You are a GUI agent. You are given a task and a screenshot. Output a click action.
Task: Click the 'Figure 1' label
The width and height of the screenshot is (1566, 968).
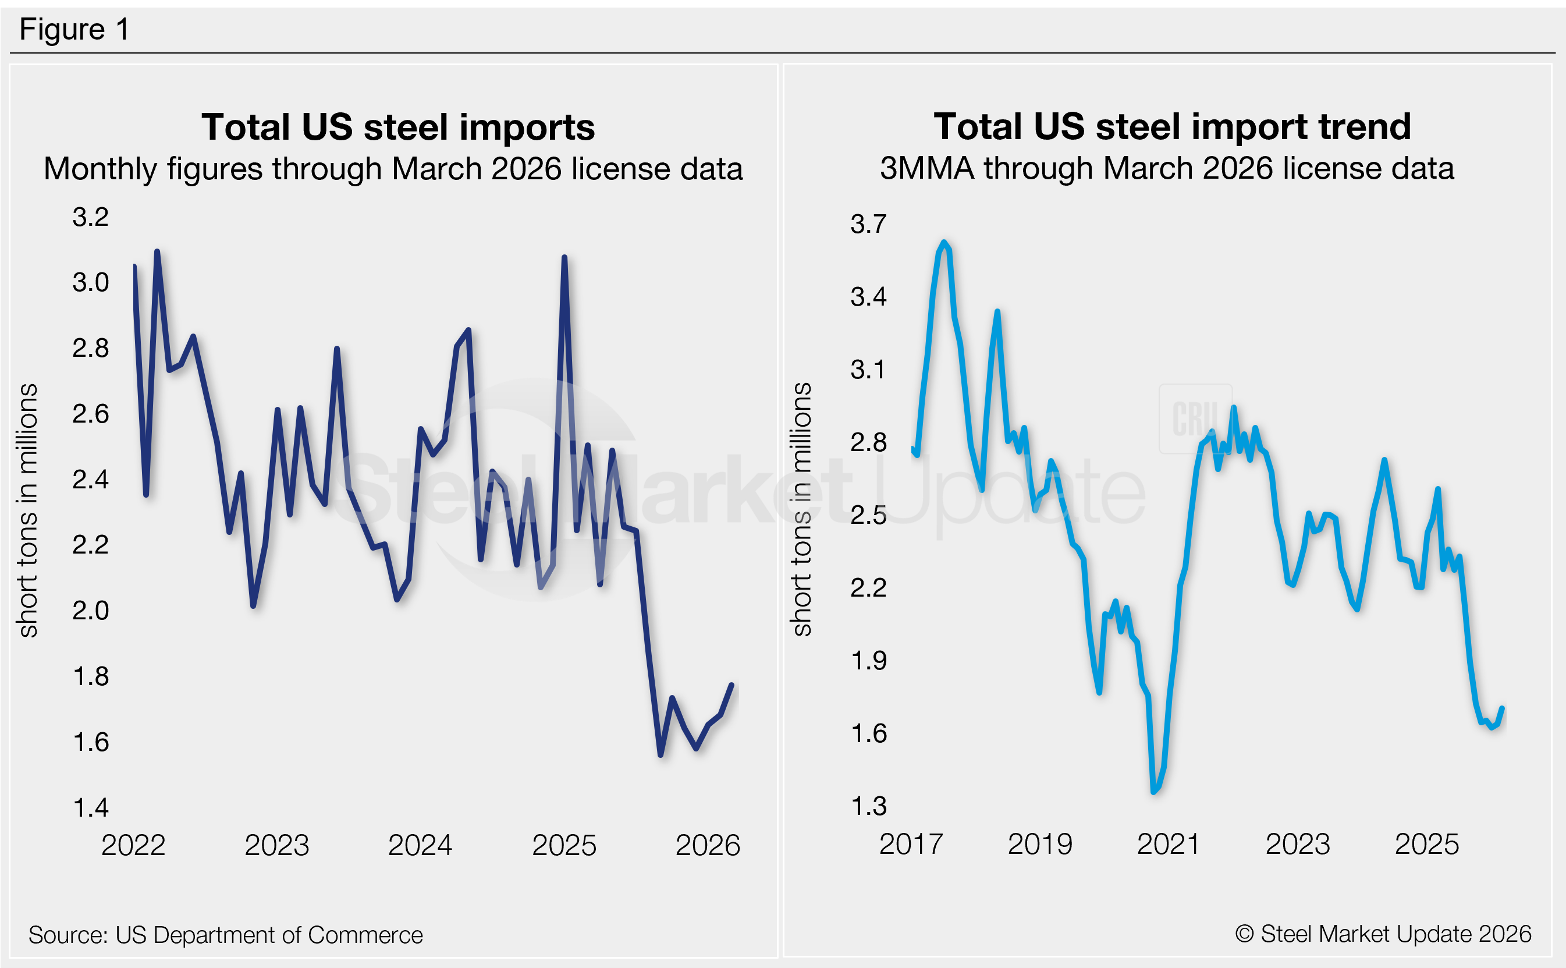click(74, 30)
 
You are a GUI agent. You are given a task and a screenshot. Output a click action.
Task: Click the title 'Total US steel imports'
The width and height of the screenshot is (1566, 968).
click(397, 127)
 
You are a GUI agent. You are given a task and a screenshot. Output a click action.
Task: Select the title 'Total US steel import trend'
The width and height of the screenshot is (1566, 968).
click(1172, 126)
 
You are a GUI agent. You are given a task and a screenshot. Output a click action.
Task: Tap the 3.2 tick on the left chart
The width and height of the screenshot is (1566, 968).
click(90, 217)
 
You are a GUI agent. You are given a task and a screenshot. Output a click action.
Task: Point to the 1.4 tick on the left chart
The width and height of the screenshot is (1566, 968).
click(91, 808)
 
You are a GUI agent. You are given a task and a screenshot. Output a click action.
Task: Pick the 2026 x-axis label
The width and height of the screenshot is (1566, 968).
click(707, 845)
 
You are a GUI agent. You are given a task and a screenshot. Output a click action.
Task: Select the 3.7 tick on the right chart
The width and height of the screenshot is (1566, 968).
click(868, 224)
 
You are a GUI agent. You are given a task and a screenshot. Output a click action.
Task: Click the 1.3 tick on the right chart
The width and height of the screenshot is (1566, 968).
click(868, 806)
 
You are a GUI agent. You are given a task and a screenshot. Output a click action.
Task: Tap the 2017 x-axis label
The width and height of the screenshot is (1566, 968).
click(911, 844)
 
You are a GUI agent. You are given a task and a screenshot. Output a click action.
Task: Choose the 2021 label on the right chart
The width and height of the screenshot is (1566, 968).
click(1168, 844)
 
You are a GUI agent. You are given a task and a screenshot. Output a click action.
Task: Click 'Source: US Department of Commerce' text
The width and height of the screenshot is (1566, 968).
click(225, 935)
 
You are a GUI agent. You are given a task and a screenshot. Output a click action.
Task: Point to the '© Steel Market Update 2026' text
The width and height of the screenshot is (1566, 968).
click(1382, 934)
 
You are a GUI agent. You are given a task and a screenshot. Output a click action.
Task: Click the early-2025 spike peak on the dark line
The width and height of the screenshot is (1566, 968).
click(564, 257)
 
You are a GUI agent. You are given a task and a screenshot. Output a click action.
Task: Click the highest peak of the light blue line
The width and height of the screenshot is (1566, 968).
click(943, 243)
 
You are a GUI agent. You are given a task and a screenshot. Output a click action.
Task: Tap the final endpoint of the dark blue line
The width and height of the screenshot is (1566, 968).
click(731, 685)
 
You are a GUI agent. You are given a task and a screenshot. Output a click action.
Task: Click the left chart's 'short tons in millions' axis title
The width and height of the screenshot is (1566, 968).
click(28, 510)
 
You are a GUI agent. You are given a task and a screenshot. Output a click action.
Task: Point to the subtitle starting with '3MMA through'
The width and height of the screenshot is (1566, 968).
click(1166, 168)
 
